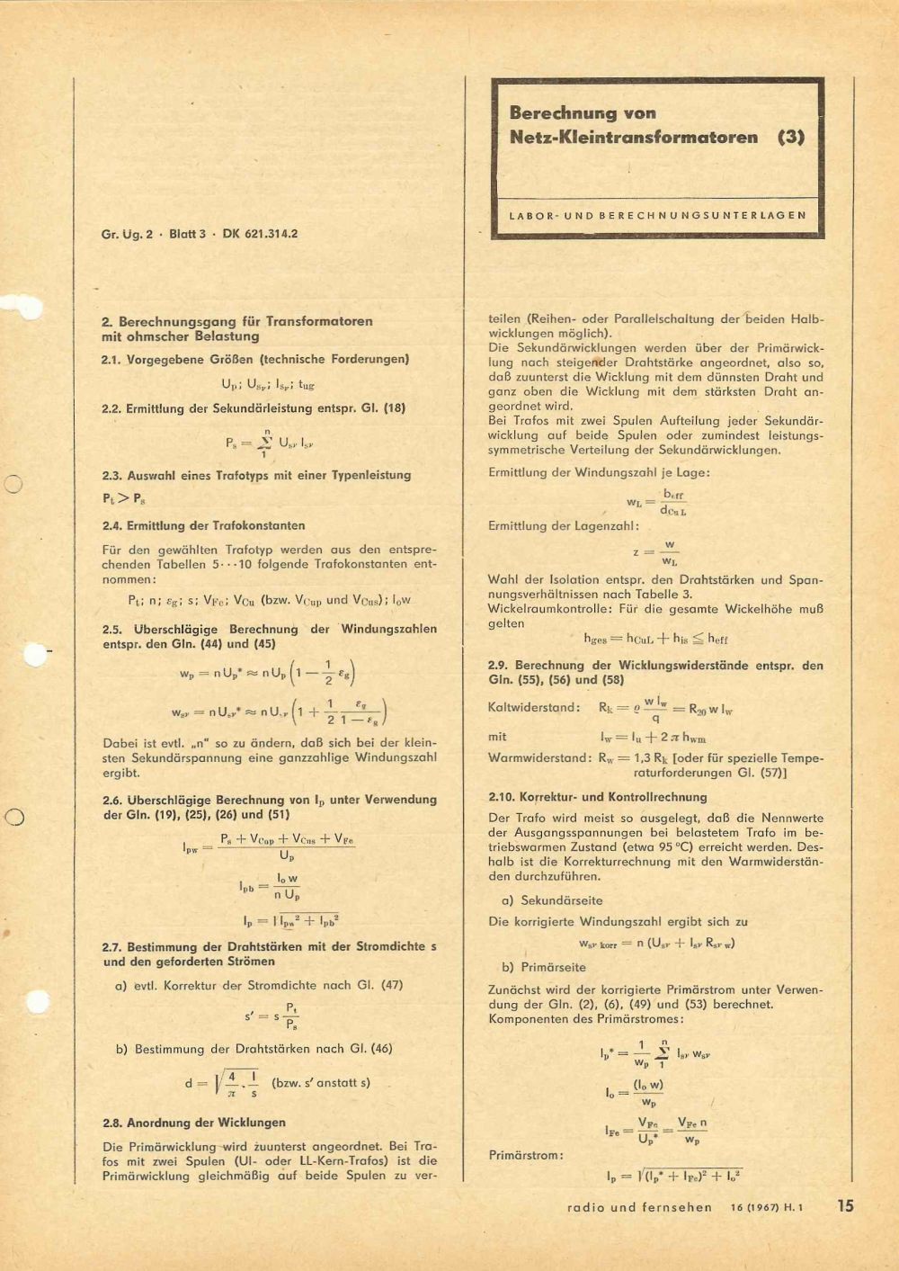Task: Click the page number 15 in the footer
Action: pyautogui.click(x=845, y=1205)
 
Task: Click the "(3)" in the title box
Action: pyautogui.click(x=791, y=138)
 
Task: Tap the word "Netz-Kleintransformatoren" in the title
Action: pyautogui.click(x=633, y=138)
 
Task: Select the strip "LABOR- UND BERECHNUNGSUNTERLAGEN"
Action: pyautogui.click(x=657, y=216)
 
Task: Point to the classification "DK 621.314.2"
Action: pyautogui.click(x=260, y=234)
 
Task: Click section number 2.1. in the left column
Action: pyautogui.click(x=112, y=359)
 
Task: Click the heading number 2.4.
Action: pyautogui.click(x=112, y=525)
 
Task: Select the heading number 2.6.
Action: pyautogui.click(x=112, y=799)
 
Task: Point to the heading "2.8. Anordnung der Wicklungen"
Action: pyautogui.click(x=194, y=1123)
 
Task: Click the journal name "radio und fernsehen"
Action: pyautogui.click(x=639, y=1207)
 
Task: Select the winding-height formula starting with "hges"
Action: pyautogui.click(x=655, y=639)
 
